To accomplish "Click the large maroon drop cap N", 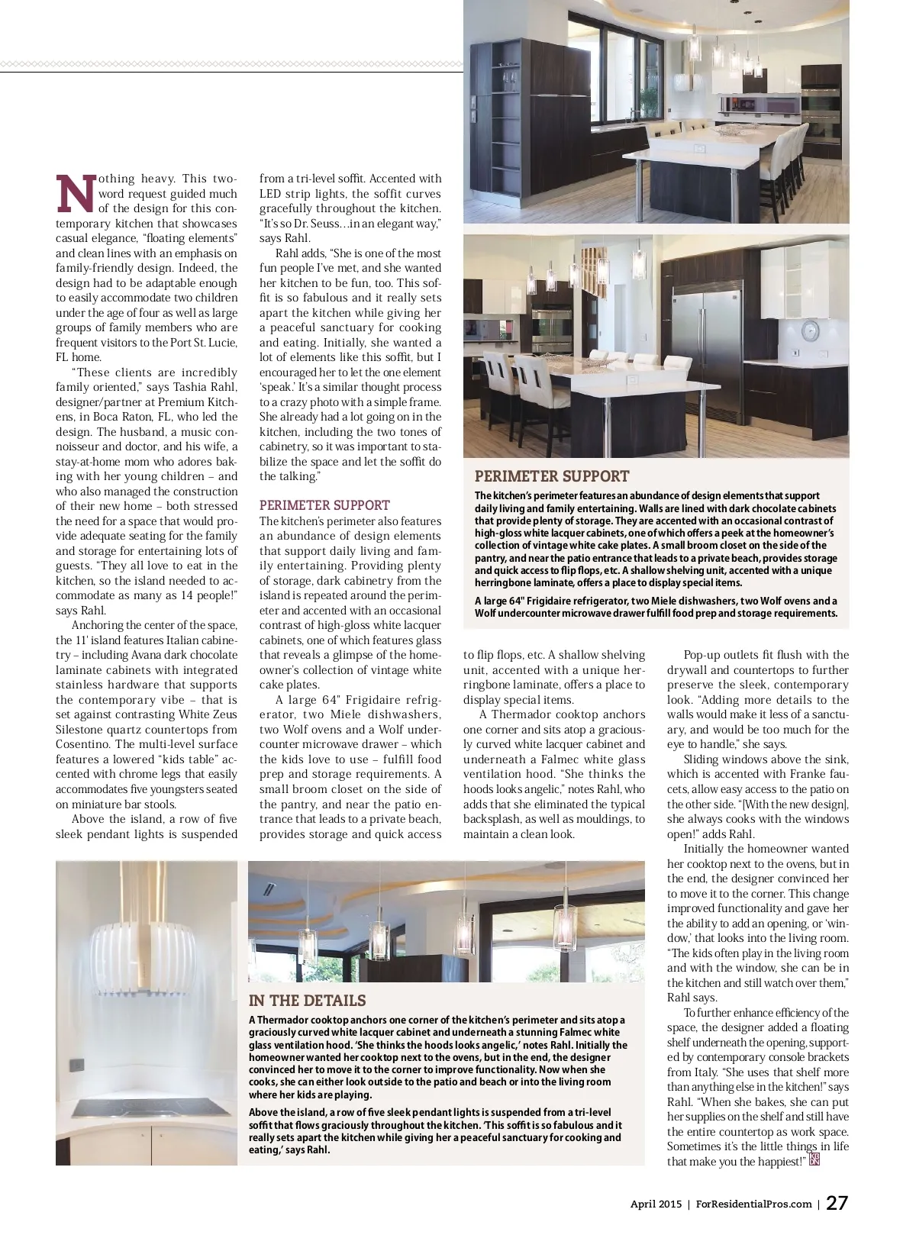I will pos(77,193).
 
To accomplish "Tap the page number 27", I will pos(837,1204).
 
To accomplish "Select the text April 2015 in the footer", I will pos(656,1204).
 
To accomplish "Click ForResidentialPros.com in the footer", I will pos(754,1204).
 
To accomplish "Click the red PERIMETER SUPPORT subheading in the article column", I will pos(324,505).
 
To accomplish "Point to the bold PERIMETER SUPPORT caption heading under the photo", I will pos(552,476).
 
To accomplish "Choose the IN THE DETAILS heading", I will pos(307,1001).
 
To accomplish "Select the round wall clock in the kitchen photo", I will pos(810,331).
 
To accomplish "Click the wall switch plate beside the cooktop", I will pos(76,1064).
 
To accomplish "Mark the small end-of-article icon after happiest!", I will pos(814,1160).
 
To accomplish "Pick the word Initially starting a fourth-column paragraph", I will pos(706,849).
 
